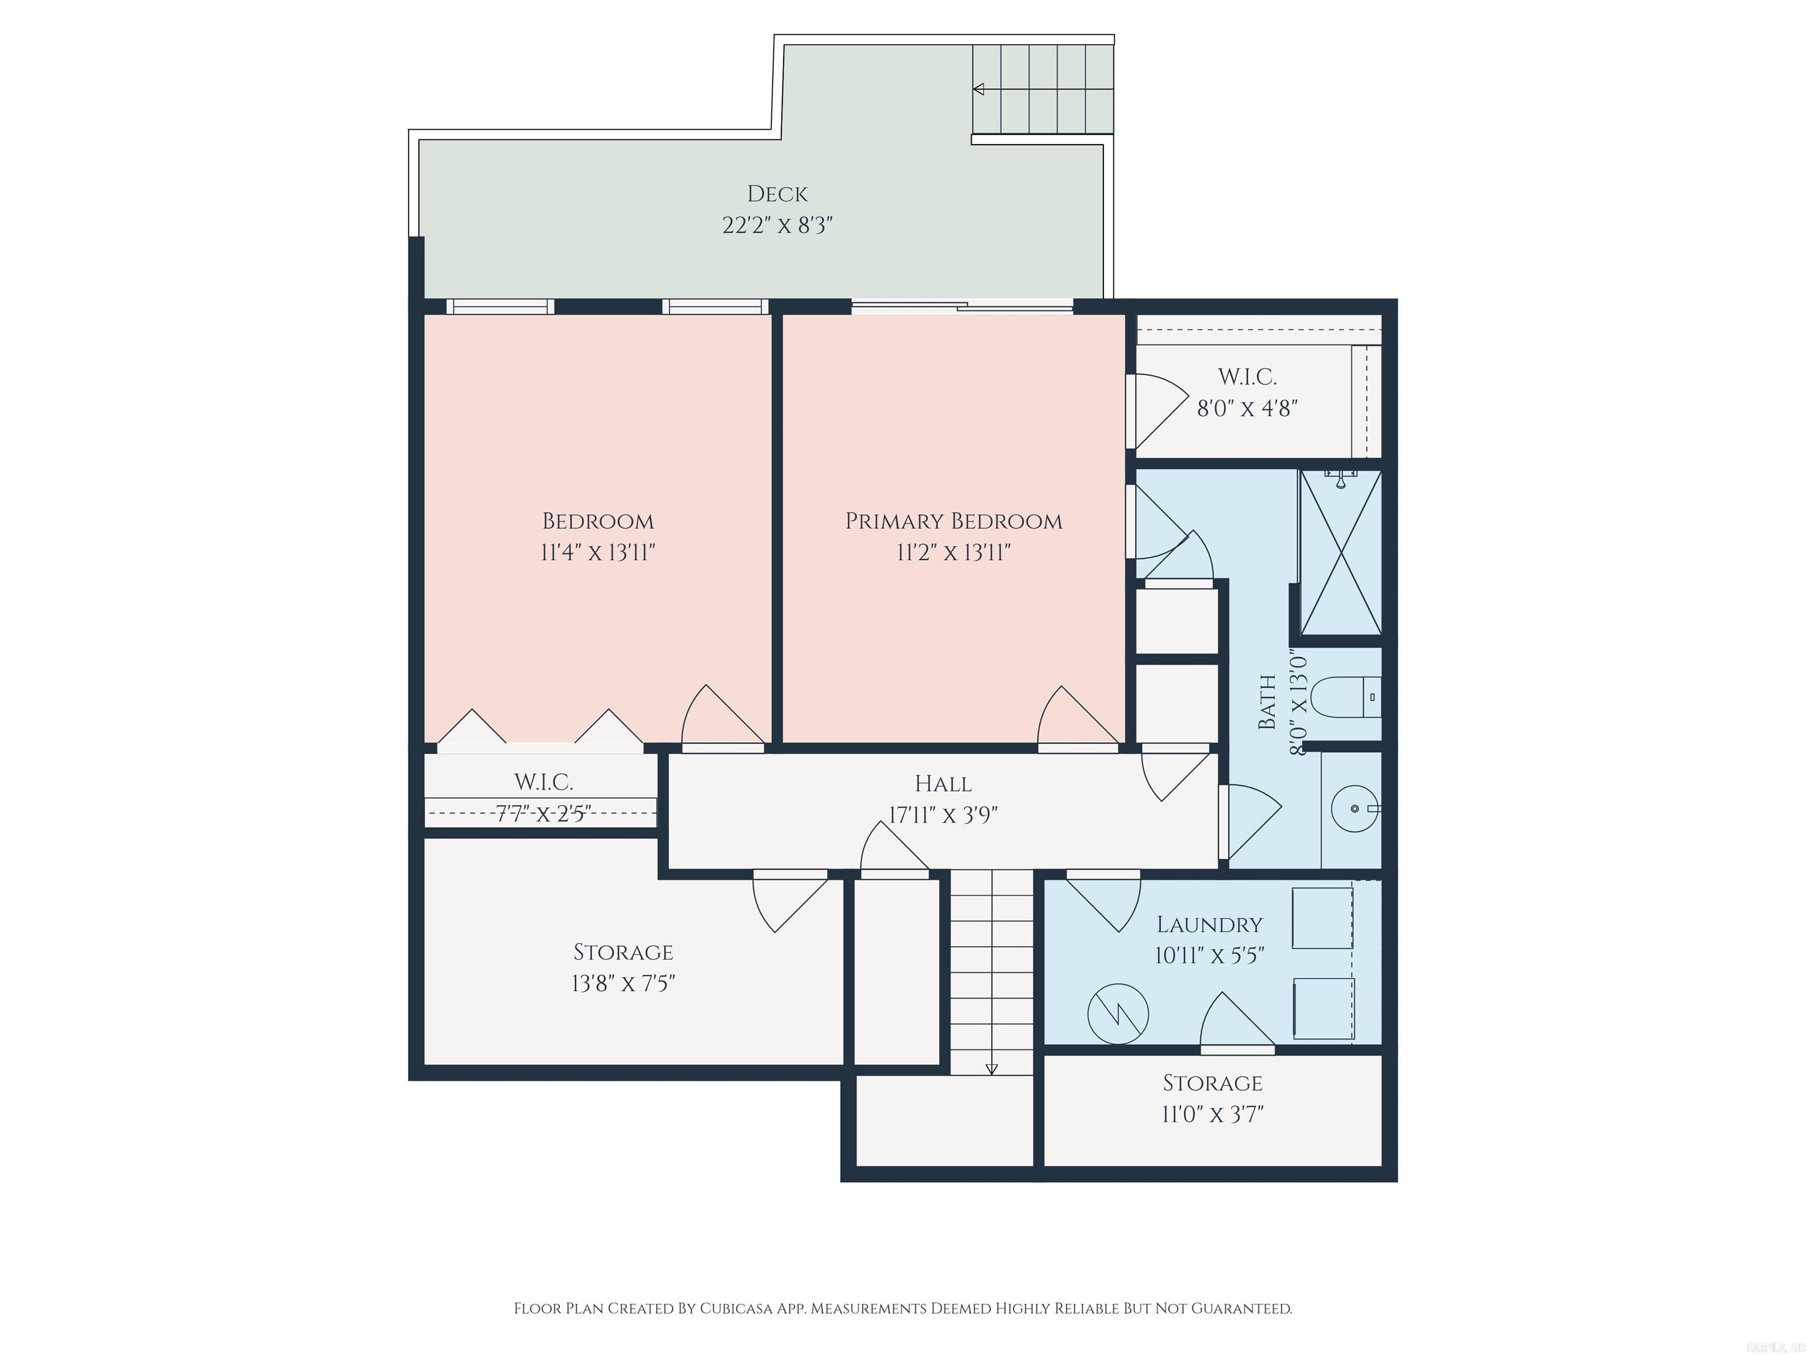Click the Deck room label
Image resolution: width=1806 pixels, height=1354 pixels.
click(777, 195)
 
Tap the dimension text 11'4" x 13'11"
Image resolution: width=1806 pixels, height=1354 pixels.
click(598, 552)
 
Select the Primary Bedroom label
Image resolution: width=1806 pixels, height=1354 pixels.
click(953, 521)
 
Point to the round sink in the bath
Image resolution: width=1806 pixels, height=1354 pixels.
click(1354, 809)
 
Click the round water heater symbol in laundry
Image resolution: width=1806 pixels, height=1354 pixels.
click(1118, 1014)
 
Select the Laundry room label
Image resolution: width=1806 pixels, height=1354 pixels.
click(1209, 924)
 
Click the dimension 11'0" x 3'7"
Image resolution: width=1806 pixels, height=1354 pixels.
click(1212, 1114)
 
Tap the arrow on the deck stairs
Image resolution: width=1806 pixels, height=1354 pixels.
click(978, 89)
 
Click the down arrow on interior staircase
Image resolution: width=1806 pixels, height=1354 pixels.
click(992, 1068)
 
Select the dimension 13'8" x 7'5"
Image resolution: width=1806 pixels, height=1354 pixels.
click(623, 983)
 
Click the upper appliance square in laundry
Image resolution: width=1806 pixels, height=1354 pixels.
click(1322, 918)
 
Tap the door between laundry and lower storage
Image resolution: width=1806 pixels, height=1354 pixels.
click(1237, 1049)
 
